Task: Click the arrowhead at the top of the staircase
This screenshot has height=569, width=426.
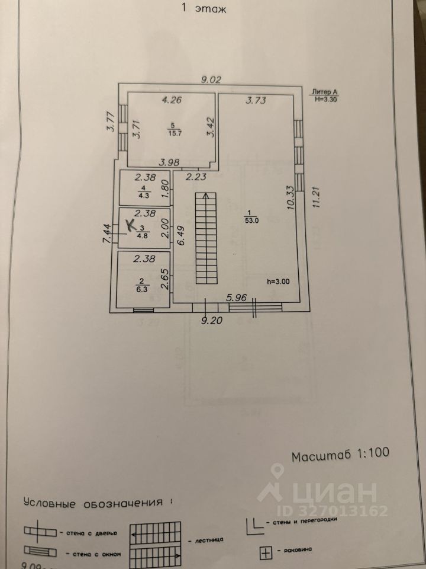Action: click(x=205, y=196)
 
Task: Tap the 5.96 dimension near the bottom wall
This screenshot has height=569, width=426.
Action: click(x=238, y=298)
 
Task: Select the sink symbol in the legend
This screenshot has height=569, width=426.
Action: click(x=266, y=554)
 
